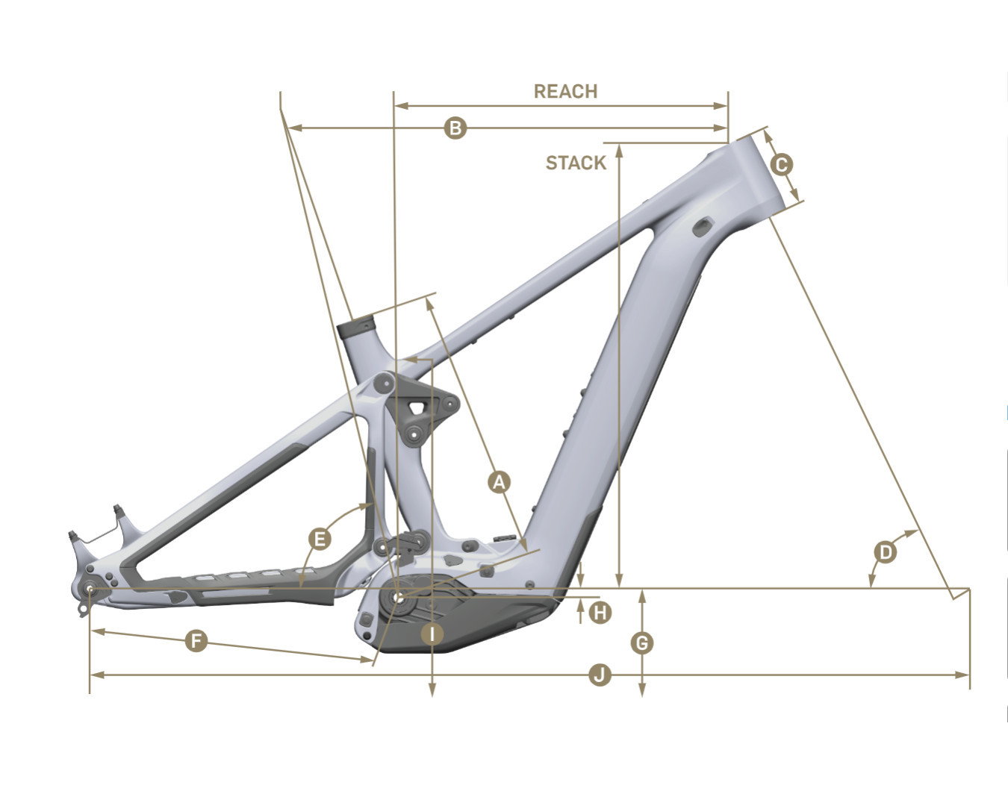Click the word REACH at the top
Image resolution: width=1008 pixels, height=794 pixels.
[566, 91]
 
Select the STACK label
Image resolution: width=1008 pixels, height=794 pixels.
[576, 163]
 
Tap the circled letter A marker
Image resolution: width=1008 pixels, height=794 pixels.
[499, 482]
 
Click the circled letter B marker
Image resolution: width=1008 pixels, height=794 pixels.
[455, 128]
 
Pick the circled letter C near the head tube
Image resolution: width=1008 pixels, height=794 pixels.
[782, 165]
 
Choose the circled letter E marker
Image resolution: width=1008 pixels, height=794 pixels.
[320, 540]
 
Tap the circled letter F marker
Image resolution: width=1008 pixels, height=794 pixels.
[196, 640]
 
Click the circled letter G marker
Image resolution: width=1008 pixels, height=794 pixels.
[642, 643]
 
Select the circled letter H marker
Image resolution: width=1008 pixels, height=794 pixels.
[600, 613]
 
